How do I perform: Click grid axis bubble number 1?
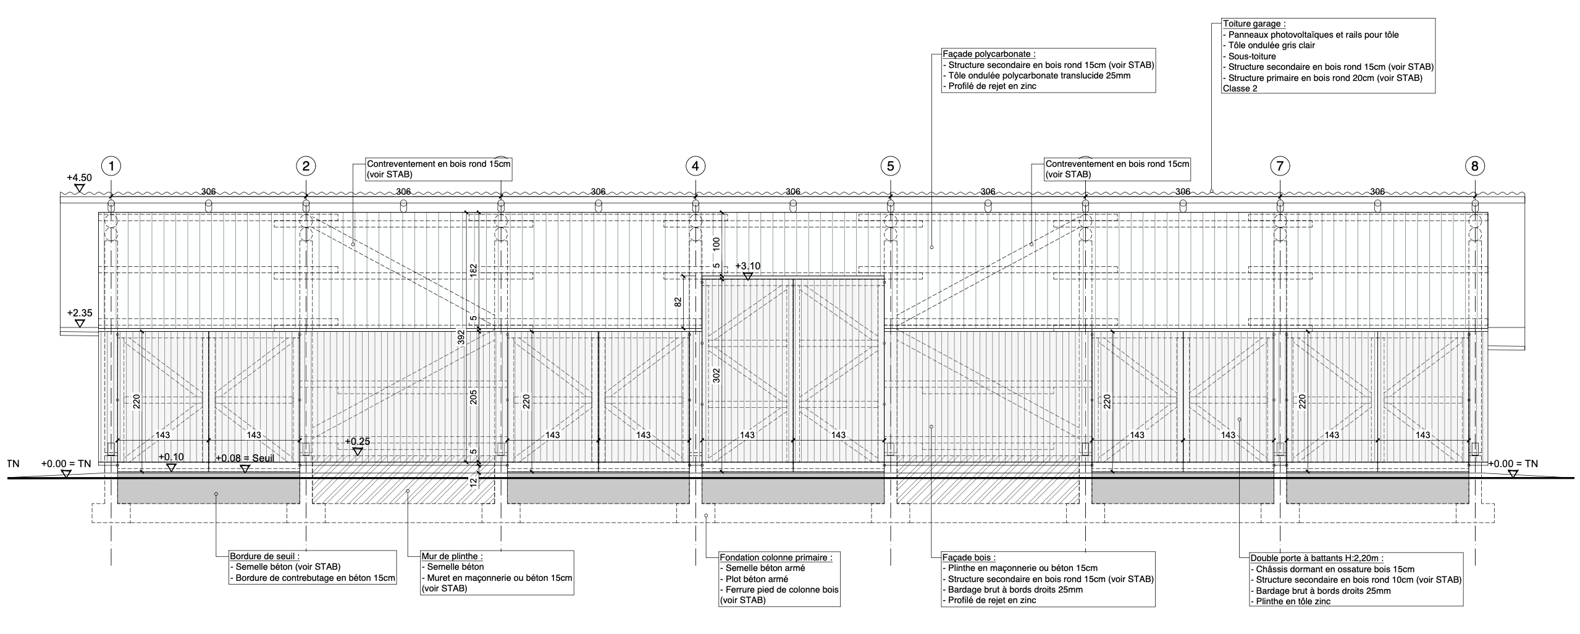[x=111, y=166]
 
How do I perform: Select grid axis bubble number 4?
[x=695, y=166]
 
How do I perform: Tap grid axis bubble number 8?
[x=1474, y=166]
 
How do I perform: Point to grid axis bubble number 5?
[x=890, y=166]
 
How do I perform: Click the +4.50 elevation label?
[x=79, y=178]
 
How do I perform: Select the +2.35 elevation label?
[x=79, y=313]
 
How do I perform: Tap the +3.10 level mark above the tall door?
[x=747, y=266]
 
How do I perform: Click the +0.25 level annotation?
[x=357, y=441]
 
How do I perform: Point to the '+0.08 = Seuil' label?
[x=245, y=458]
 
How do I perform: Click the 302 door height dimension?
[x=716, y=376]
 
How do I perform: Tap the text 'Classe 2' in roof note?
[x=1240, y=88]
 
